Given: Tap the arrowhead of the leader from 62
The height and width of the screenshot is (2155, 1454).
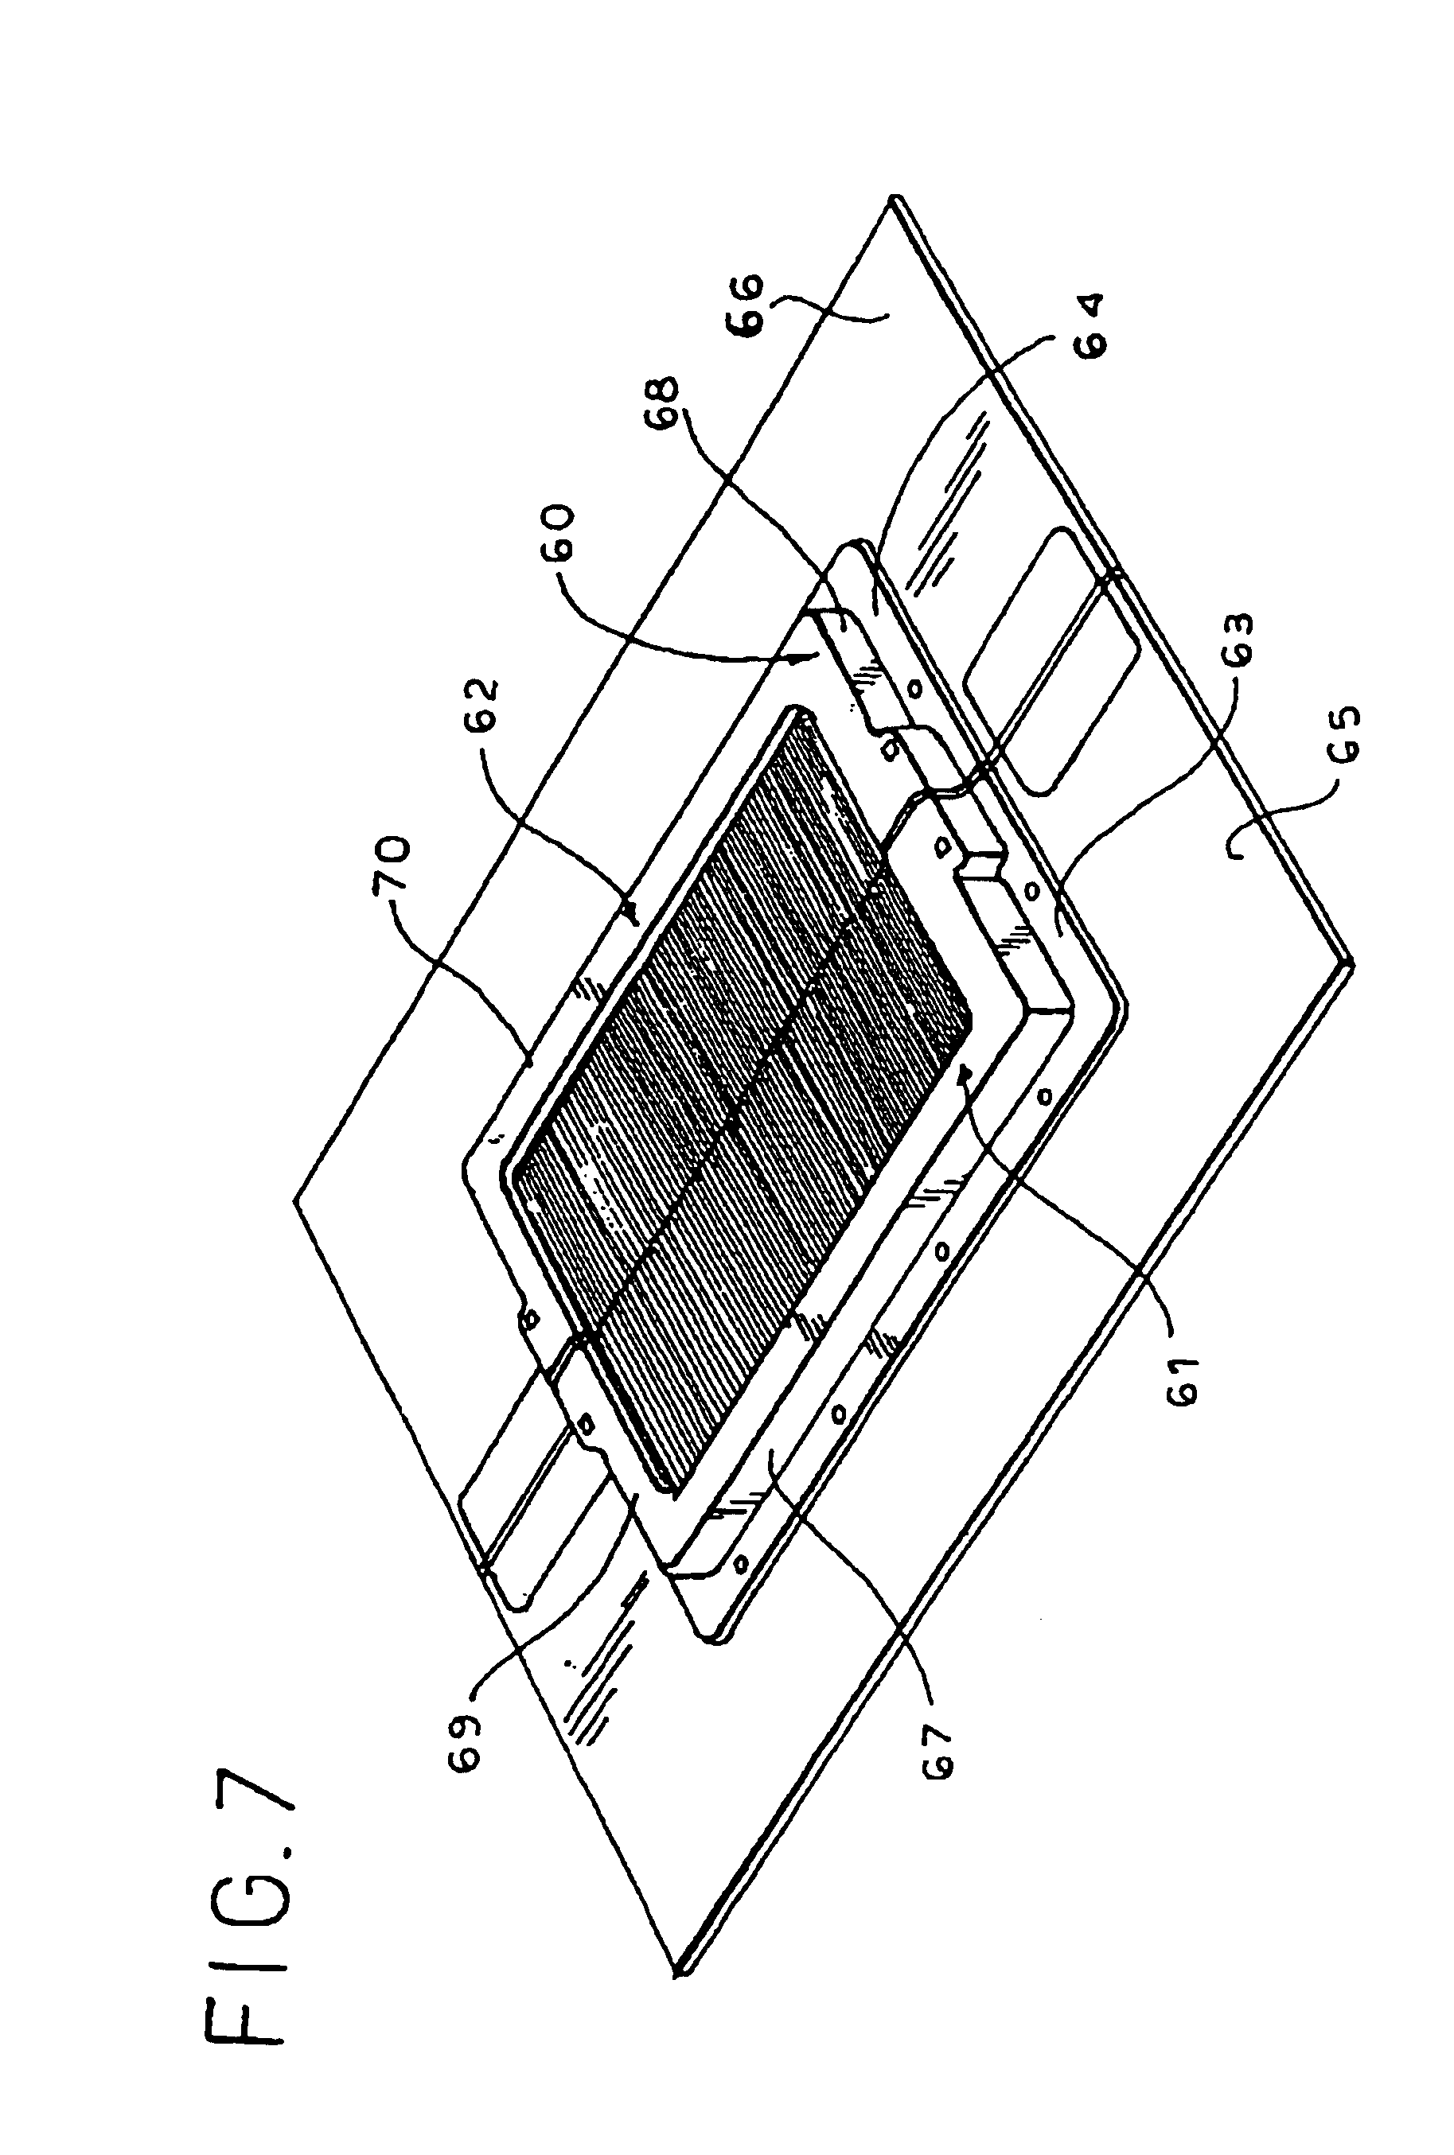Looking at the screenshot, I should coord(634,922).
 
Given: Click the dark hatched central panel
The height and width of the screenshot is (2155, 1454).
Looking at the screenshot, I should coord(742,1094).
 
